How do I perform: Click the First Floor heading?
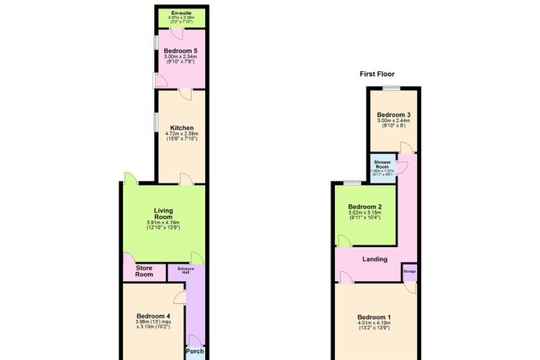tap(378, 75)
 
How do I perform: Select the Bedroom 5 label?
tap(180, 52)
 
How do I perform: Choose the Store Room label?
tap(144, 270)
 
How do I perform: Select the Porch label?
tap(194, 350)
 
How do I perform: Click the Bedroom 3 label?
tap(393, 114)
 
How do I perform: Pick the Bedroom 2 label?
tap(365, 207)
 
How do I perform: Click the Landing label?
tap(374, 259)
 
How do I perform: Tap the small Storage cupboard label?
tap(409, 270)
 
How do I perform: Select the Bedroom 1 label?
tap(374, 316)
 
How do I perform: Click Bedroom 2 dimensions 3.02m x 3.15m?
tap(365, 215)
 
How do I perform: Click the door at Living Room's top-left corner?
tap(130, 177)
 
